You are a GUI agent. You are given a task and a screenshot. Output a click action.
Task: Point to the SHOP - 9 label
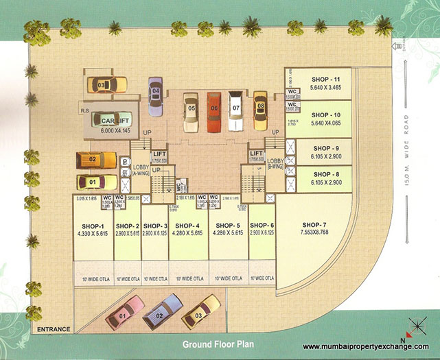pos(325,148)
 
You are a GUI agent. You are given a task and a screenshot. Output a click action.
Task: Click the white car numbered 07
pos(235,110)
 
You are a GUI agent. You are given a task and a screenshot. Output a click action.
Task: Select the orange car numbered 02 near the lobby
pos(96,160)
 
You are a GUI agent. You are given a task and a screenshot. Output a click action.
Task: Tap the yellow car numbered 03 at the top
pos(106,85)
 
